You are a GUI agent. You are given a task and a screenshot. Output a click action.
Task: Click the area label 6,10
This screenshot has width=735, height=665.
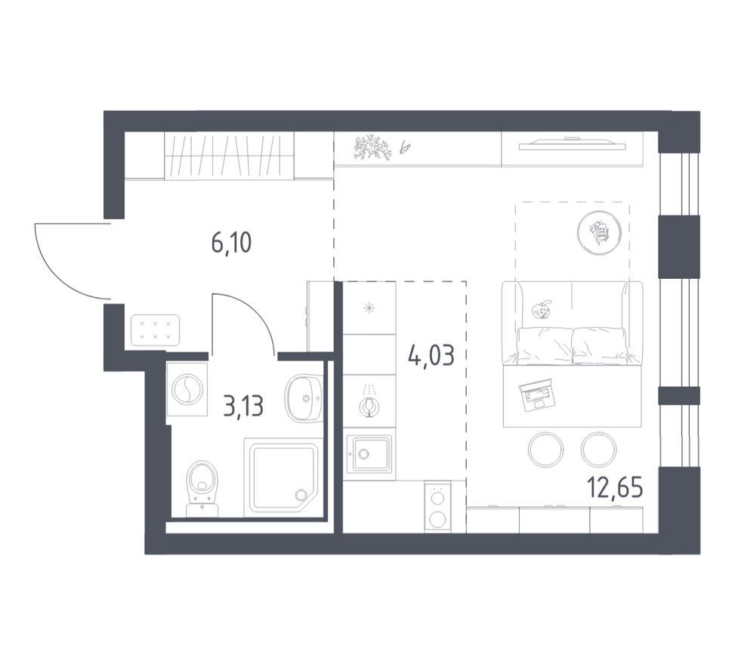click(232, 243)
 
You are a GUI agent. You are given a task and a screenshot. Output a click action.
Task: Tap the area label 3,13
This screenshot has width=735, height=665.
click(243, 406)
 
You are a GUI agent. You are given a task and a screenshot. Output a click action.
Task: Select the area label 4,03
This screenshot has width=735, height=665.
click(431, 355)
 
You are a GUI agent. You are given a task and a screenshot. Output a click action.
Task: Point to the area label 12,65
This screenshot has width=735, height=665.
click(615, 489)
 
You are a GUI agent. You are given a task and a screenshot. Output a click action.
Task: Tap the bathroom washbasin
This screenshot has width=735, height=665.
click(303, 398)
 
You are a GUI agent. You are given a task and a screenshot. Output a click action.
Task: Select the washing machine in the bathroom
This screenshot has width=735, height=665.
click(187, 388)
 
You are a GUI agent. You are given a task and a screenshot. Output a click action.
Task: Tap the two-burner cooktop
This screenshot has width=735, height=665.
click(438, 507)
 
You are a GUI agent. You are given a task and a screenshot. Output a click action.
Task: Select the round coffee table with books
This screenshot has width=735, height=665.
click(600, 232)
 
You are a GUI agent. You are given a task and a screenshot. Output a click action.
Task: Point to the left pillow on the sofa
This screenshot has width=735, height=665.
click(545, 346)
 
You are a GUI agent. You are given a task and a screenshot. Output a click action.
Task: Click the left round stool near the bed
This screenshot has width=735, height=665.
click(546, 449)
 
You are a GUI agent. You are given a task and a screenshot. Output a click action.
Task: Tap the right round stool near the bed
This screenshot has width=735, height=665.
click(598, 449)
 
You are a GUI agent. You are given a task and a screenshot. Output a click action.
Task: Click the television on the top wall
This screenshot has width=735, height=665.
click(572, 144)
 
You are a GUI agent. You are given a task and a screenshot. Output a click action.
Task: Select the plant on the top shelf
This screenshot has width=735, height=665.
click(372, 147)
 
